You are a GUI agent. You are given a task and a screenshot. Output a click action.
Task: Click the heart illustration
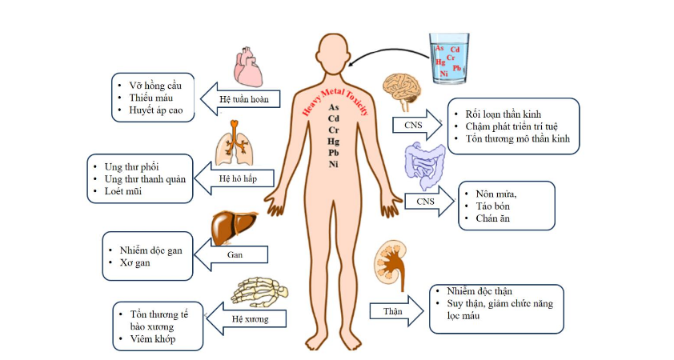click(248, 66)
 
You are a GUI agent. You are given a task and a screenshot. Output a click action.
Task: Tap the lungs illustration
click(235, 144)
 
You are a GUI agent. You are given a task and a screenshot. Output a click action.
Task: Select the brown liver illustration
click(235, 226)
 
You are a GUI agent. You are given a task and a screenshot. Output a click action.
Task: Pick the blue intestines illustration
click(424, 163)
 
